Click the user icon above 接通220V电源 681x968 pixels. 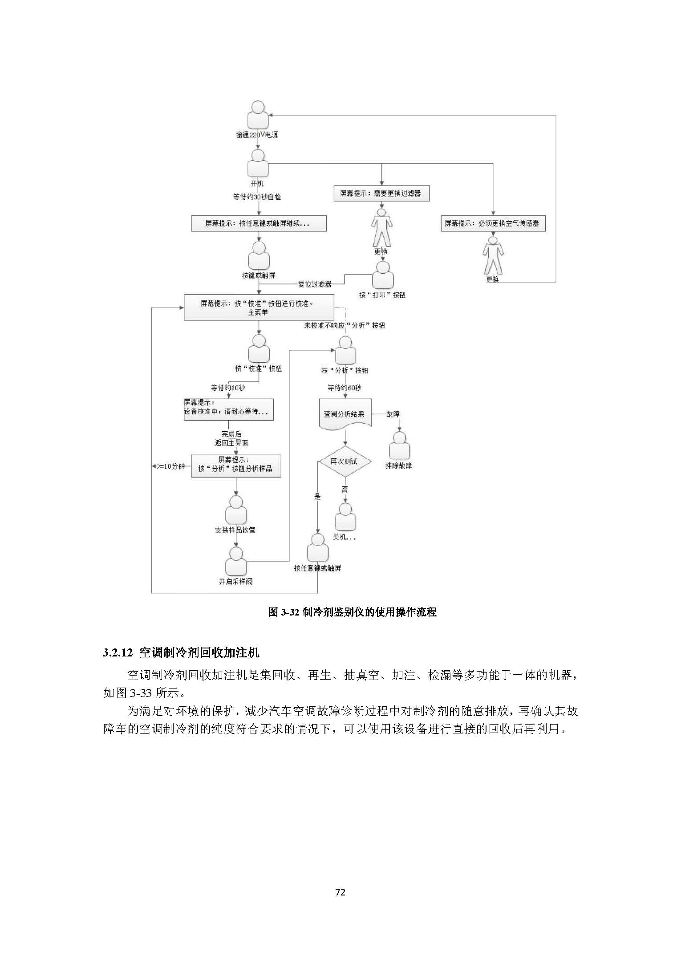(x=258, y=115)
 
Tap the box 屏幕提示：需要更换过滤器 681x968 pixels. (x=381, y=194)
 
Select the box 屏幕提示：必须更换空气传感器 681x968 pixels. (x=493, y=223)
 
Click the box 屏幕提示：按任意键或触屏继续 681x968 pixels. (x=258, y=223)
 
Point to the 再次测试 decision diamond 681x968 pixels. (x=345, y=462)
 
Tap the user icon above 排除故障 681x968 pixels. (x=399, y=446)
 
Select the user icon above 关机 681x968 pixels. (x=345, y=516)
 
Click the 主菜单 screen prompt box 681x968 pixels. (x=258, y=308)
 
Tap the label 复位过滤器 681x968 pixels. (x=315, y=284)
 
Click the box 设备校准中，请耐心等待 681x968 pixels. (x=228, y=409)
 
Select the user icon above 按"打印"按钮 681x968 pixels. (x=382, y=275)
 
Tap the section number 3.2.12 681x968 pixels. (x=118, y=653)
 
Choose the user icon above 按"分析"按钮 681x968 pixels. (x=345, y=351)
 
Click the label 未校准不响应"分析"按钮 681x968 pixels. (x=344, y=325)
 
